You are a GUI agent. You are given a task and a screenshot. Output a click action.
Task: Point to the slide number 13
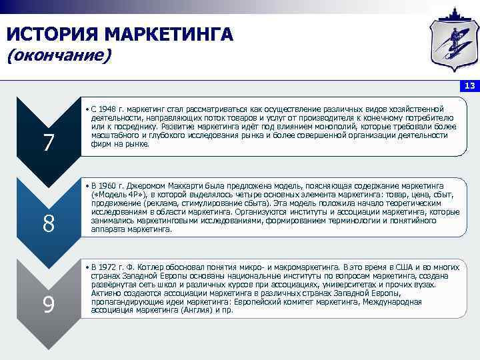(x=469, y=86)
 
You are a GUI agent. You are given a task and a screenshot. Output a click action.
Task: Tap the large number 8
(x=49, y=224)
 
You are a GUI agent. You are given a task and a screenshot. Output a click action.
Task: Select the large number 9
(x=49, y=305)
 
